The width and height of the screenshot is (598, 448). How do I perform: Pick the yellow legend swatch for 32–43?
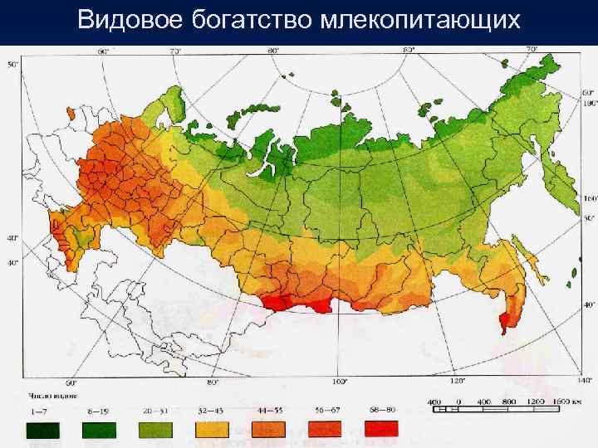(x=212, y=430)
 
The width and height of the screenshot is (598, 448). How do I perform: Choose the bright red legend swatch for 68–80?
(x=381, y=430)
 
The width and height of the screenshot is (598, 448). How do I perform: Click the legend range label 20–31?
(x=155, y=411)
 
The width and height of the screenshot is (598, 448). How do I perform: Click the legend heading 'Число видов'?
(x=45, y=397)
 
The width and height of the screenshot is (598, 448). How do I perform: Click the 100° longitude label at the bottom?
(x=339, y=382)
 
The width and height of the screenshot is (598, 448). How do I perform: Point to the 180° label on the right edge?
(x=588, y=104)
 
